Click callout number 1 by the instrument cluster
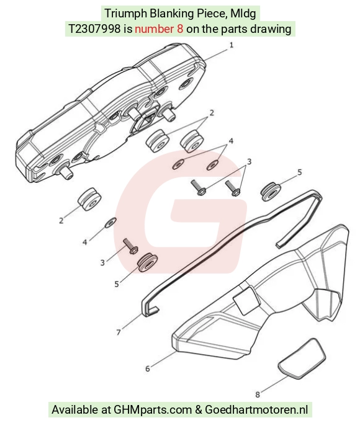(231, 45)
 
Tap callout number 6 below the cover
(148, 368)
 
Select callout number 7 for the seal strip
(119, 332)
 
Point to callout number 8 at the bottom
(258, 394)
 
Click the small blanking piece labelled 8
(302, 358)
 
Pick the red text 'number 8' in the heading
(159, 29)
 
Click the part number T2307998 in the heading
(94, 29)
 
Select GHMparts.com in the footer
(153, 409)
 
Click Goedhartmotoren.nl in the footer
(256, 409)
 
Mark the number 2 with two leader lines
(212, 113)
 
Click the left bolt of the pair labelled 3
(199, 187)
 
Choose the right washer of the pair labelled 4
(213, 165)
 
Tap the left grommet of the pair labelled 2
(158, 141)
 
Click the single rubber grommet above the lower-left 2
(89, 199)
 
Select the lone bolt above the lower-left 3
(131, 246)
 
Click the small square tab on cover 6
(246, 300)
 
